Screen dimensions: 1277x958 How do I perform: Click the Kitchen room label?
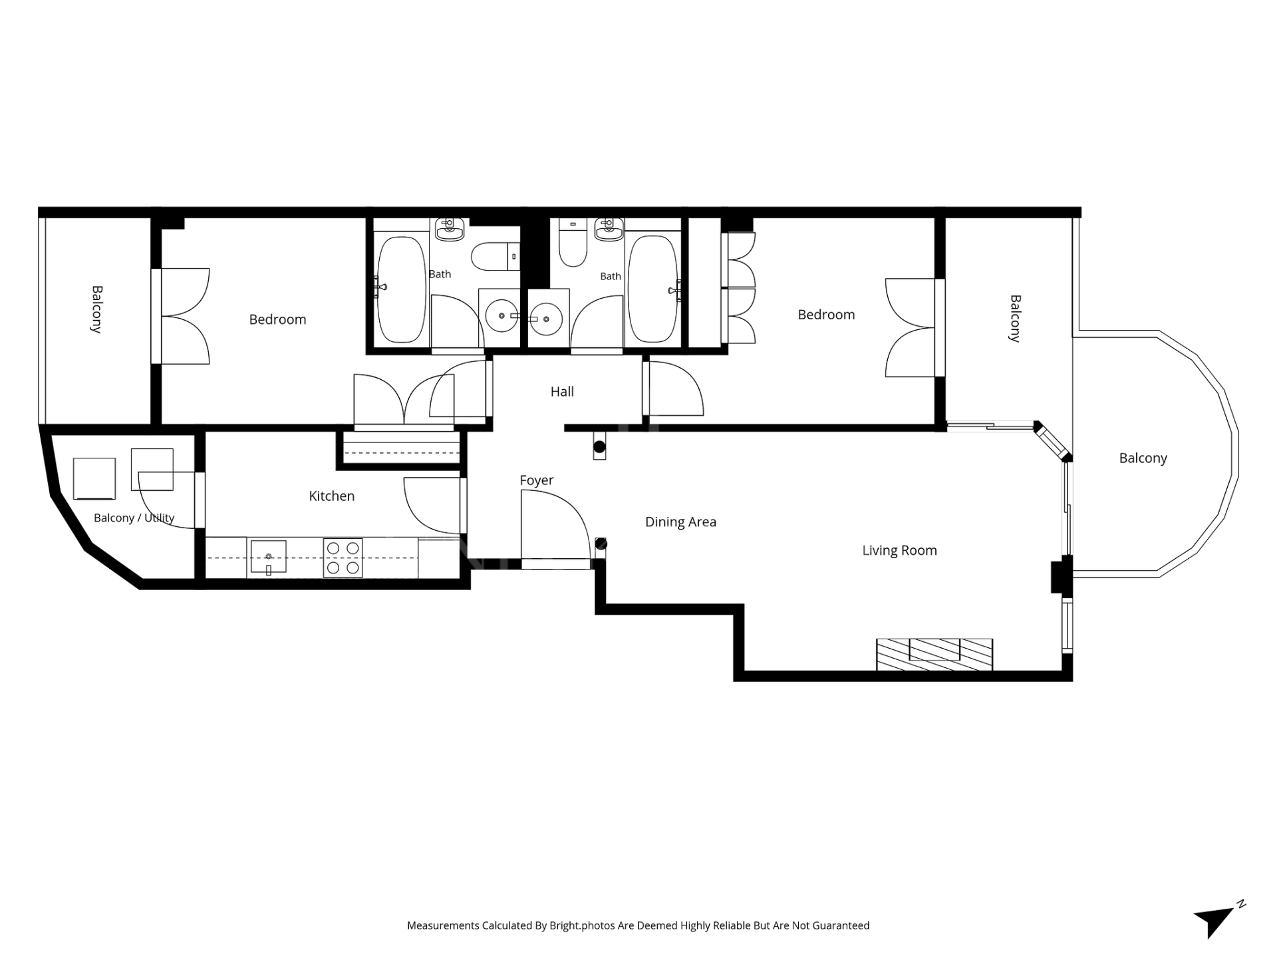click(331, 496)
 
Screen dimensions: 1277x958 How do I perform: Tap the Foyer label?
click(537, 480)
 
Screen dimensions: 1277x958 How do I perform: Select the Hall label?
click(562, 392)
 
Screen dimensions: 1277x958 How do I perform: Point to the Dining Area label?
click(680, 522)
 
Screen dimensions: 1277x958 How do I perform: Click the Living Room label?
click(899, 551)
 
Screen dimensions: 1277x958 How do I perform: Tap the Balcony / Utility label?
click(134, 518)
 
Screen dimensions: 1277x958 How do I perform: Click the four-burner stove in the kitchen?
click(343, 558)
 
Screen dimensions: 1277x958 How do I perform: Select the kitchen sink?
click(269, 558)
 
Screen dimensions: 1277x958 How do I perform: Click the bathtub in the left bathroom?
click(401, 289)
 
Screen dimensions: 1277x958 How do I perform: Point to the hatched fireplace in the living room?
click(934, 655)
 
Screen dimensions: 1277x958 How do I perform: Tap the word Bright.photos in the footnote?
click(582, 926)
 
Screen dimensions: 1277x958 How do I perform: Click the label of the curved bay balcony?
click(1143, 458)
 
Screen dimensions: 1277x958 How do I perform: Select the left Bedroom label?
click(277, 319)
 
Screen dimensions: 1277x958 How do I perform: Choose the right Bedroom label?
click(826, 315)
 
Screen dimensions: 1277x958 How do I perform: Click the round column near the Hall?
click(599, 447)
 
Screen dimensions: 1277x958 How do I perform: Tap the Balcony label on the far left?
click(97, 309)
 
